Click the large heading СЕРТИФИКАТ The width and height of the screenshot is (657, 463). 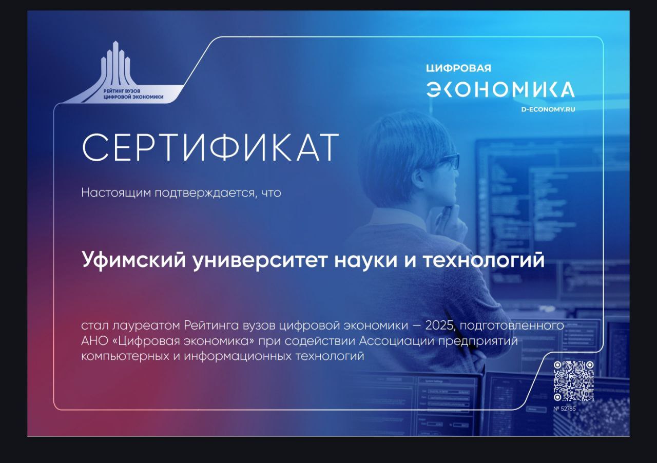210,148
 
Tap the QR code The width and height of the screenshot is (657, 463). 573,381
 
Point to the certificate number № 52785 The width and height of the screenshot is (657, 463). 565,409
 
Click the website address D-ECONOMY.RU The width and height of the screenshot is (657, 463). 548,109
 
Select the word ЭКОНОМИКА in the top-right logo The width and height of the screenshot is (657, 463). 500,89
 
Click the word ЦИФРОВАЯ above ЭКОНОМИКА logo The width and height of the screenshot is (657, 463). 458,68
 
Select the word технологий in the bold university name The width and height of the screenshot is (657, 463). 483,260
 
